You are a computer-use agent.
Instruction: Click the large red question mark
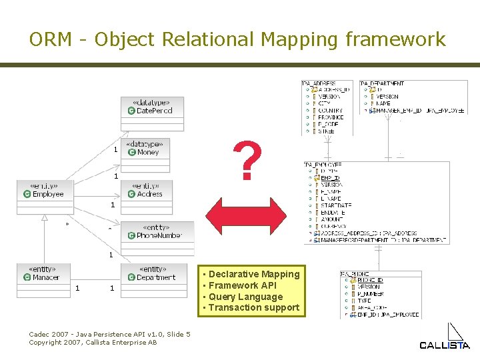[x=246, y=161]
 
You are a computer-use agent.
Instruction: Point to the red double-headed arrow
[x=245, y=215]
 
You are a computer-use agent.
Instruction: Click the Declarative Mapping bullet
[x=253, y=274]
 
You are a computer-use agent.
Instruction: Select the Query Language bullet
[x=245, y=297]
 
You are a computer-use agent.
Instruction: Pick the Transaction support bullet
[x=253, y=307]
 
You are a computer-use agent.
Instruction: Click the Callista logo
[x=445, y=337]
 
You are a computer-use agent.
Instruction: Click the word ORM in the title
[x=50, y=39]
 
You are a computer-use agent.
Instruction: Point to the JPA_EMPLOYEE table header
[x=323, y=164]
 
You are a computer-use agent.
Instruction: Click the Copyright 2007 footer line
[x=93, y=342]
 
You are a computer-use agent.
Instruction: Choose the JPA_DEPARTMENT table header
[x=383, y=84]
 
